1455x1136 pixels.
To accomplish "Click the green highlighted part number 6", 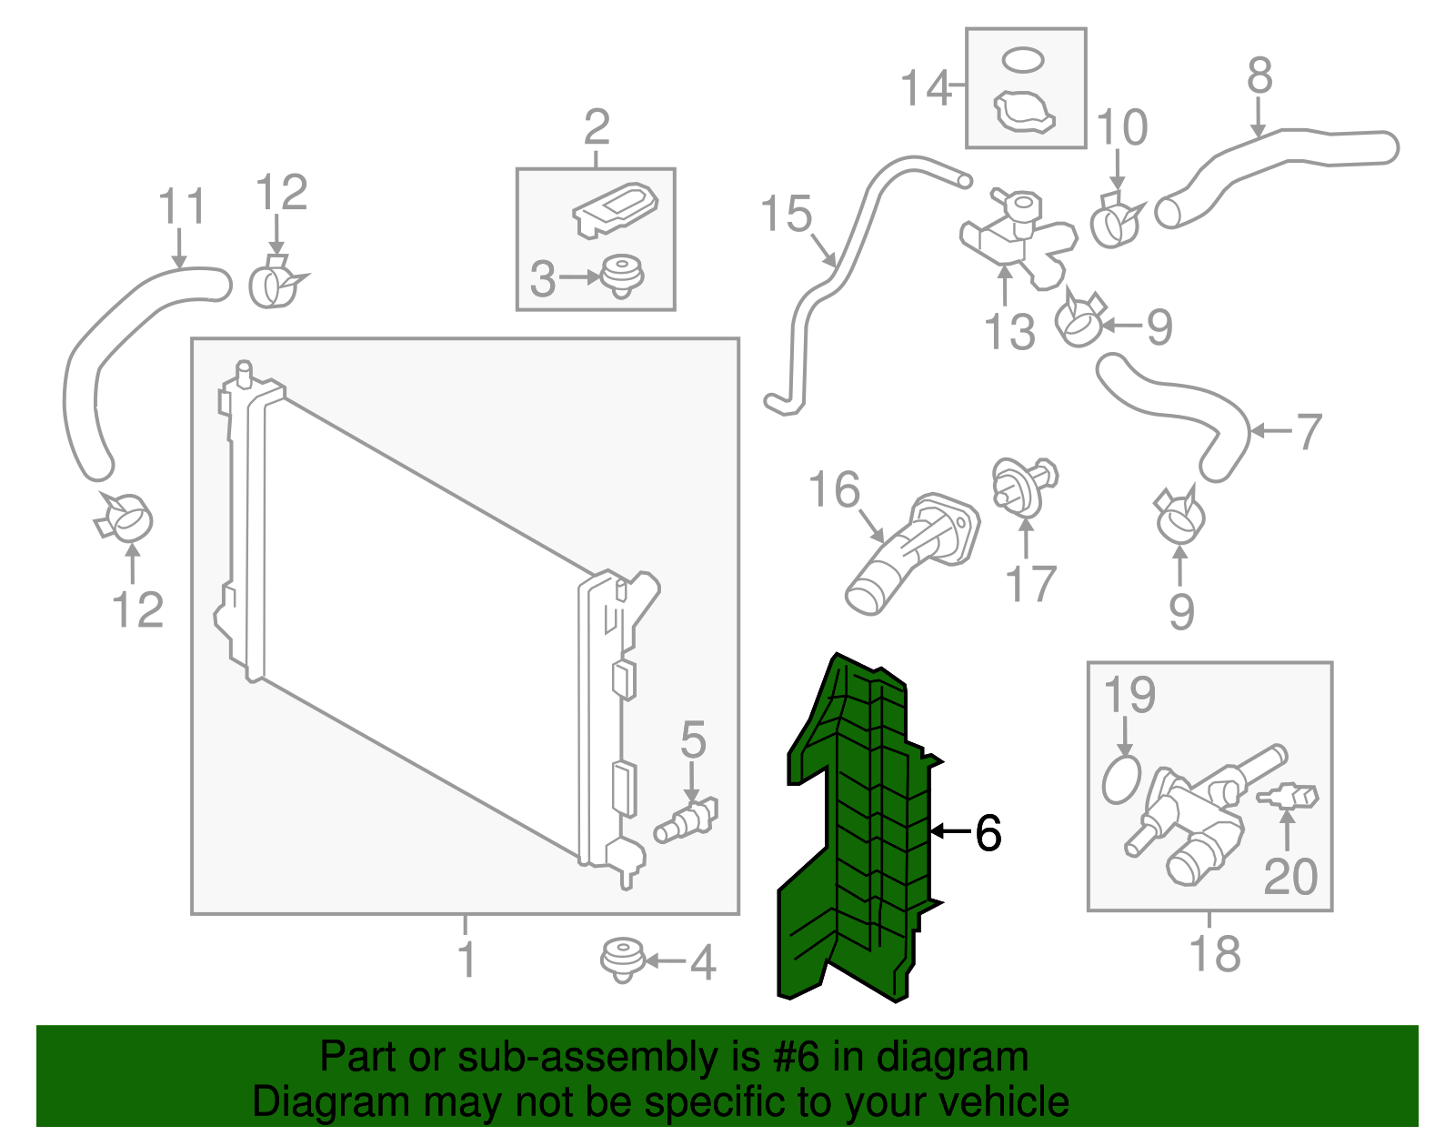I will pos(859,837).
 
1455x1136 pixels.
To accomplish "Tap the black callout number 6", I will pos(988,832).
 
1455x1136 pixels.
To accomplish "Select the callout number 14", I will pos(924,89).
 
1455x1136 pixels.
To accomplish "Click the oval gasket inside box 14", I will pos(1023,61).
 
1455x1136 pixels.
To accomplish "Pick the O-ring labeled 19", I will pos(1121,779).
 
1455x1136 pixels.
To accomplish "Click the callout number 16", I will pos(834,490).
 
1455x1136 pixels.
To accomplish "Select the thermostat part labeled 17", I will pos(1023,485).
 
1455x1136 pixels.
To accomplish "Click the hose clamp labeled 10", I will pos(1115,220).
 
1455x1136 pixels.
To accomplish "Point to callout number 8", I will pos(1259,76).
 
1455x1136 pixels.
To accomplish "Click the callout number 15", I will pos(786,215).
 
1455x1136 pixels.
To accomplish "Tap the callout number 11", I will pos(182,207).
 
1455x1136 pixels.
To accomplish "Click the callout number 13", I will pos(1009,332).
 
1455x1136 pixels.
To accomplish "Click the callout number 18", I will pos(1214,954).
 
